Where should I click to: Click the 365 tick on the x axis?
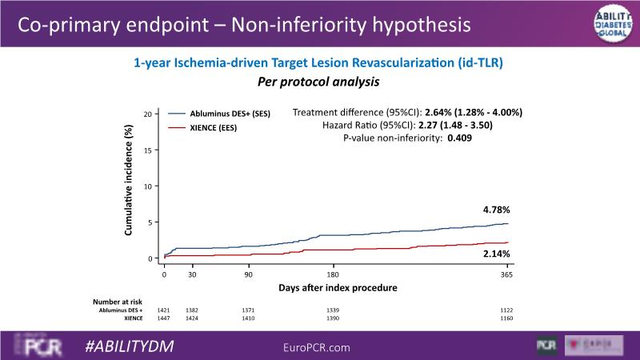pyautogui.click(x=506, y=274)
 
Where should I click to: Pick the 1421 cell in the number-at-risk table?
pyautogui.click(x=165, y=310)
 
